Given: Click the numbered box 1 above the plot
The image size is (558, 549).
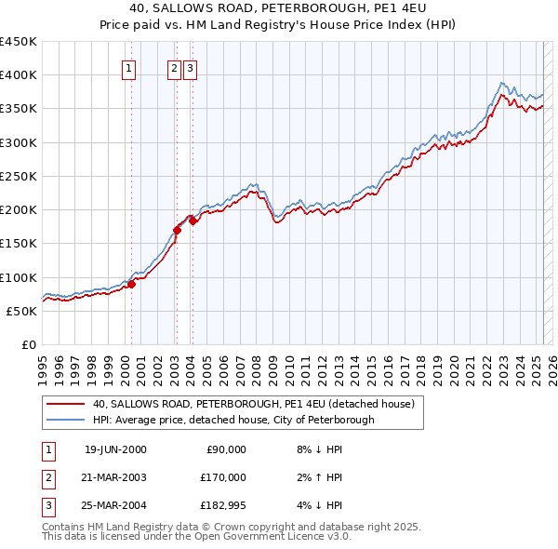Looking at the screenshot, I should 128,67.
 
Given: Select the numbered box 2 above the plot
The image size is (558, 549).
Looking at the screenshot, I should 175,67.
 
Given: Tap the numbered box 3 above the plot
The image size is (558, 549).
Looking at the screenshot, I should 190,67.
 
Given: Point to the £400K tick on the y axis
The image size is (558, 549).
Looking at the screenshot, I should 19,74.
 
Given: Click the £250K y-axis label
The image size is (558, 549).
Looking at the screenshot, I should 19,176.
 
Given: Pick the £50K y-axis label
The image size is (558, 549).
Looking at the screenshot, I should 22,311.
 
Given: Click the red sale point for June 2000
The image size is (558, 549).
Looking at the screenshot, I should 132,284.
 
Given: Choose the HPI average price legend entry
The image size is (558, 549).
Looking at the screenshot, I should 232,420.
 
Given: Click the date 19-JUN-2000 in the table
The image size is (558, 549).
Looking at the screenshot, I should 115,449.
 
